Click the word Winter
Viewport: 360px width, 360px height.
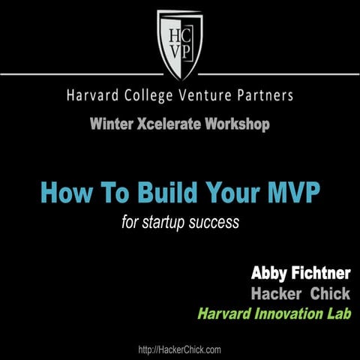110,123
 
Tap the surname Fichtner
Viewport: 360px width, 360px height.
320,274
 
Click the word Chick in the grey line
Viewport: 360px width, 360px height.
330,293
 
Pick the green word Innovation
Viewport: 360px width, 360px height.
284,312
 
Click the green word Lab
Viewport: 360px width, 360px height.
338,312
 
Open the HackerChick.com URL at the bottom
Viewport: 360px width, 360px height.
180,349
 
